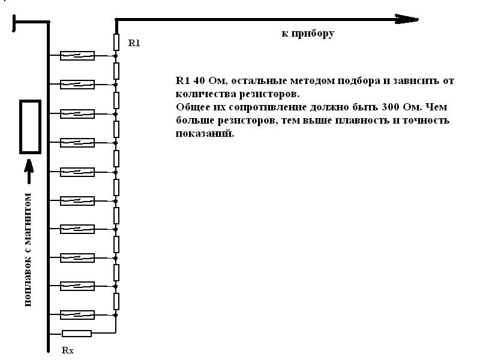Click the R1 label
(x=134, y=43)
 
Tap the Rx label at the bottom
(x=68, y=350)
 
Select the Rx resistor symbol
(x=77, y=334)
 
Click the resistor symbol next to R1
(x=116, y=42)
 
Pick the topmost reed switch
(x=77, y=56)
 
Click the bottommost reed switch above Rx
(x=77, y=314)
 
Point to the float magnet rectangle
(x=31, y=127)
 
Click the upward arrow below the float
(x=29, y=172)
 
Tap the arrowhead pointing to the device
(x=407, y=19)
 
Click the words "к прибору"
(x=308, y=33)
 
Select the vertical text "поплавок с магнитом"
(x=28, y=250)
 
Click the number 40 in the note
(x=199, y=80)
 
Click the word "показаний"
(x=205, y=133)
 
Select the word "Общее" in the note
(x=193, y=107)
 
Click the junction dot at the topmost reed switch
(x=116, y=56)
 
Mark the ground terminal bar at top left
(x=14, y=23)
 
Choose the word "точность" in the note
(x=426, y=121)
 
